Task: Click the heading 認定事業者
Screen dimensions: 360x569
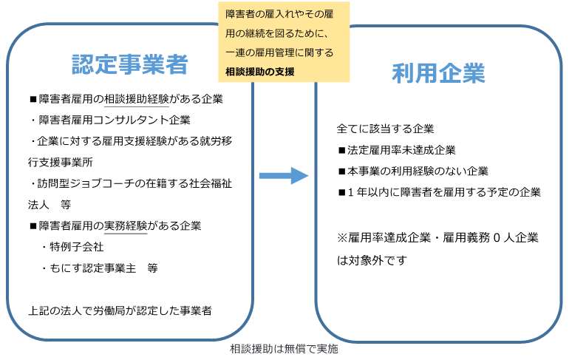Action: click(x=130, y=65)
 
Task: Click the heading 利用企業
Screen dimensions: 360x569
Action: click(x=438, y=74)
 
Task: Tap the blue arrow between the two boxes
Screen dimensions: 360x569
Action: click(x=283, y=175)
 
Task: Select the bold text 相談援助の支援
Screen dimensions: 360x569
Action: click(x=260, y=72)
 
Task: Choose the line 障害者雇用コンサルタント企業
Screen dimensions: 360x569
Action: click(x=110, y=120)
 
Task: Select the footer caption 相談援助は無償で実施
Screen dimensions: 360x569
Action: click(x=284, y=349)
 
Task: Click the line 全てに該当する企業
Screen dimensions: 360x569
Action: click(x=385, y=129)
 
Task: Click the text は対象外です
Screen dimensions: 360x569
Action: click(x=372, y=260)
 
